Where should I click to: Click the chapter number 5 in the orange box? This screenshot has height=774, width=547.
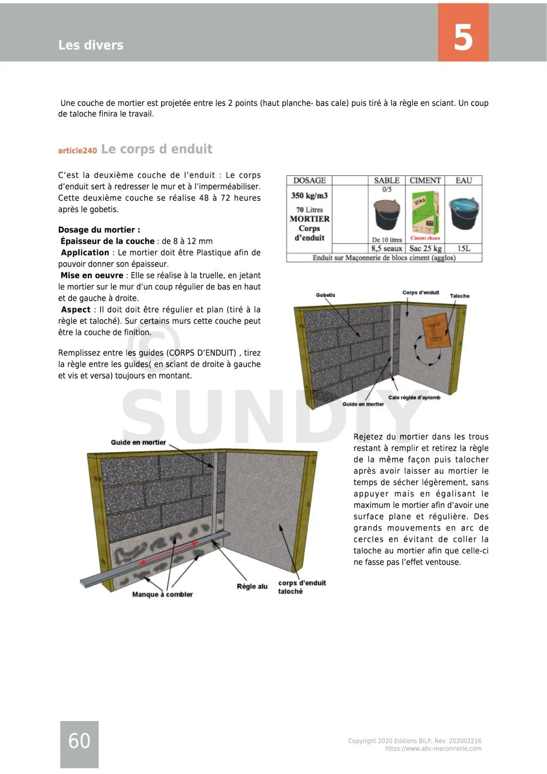pos(463,37)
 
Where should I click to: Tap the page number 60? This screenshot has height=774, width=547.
pos(79,740)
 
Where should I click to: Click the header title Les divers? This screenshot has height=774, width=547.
pos(91,45)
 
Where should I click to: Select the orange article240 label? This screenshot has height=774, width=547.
pos(77,151)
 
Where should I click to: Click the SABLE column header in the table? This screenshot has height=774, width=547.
pos(387,181)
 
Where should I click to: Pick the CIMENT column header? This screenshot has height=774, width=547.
pos(425,181)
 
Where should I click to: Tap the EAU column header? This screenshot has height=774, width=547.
pos(464,181)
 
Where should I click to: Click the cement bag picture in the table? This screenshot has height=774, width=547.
pos(425,215)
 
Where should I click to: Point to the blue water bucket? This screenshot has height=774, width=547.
pos(464,212)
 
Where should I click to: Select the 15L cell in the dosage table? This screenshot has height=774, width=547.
pos(464,248)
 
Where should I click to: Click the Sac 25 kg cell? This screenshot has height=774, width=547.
pos(425,248)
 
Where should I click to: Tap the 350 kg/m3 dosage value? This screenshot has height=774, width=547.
pos(309,196)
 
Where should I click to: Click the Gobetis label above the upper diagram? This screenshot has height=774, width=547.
pos(325,295)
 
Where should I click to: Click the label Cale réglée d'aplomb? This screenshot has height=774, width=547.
pos(414,397)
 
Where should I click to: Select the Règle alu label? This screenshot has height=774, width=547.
pos(252,587)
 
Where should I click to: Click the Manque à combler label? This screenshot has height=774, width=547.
pos(162,595)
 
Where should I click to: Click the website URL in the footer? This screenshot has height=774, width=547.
pos(433,749)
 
